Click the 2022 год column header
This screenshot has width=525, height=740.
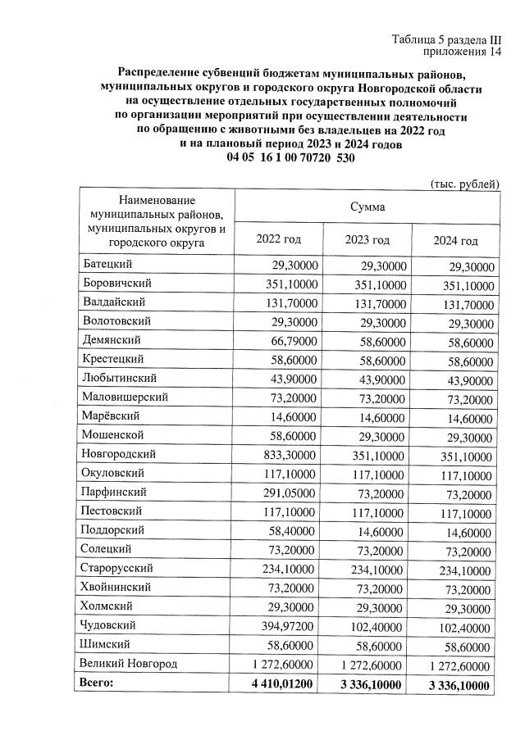click(278, 239)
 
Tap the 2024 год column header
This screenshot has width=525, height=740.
click(455, 240)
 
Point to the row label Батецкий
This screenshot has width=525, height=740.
click(107, 265)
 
